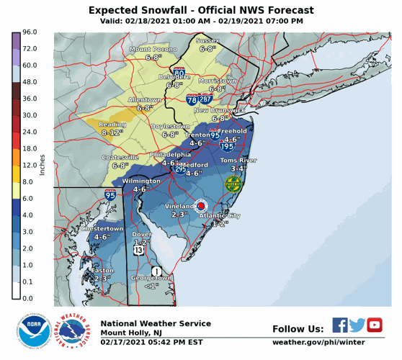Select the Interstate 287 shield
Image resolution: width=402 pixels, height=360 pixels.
point(206,99)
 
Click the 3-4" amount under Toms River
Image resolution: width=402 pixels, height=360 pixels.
point(238,168)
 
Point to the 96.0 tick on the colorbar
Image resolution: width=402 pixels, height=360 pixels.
point(30,32)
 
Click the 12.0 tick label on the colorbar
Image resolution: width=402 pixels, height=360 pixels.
point(30,165)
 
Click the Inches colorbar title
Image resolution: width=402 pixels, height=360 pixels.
point(42,165)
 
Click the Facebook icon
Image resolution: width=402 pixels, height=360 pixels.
point(340,325)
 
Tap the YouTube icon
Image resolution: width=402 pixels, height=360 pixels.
point(375,325)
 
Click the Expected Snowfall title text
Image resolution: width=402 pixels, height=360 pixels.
point(201,10)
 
